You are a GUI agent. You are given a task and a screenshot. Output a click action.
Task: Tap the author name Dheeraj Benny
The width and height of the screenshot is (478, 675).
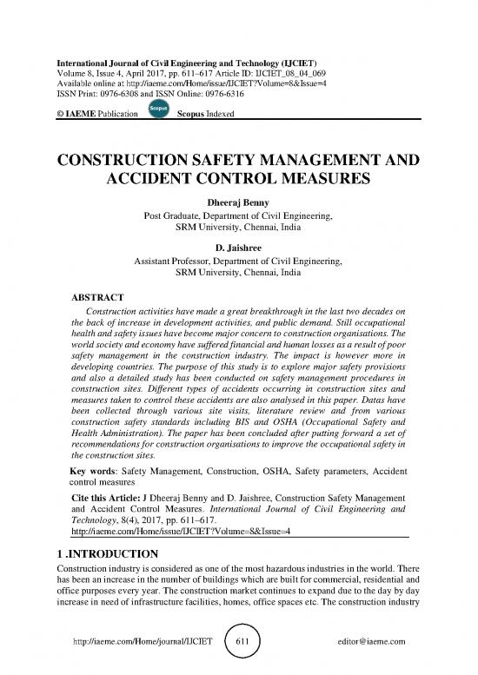pyautogui.click(x=237, y=200)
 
